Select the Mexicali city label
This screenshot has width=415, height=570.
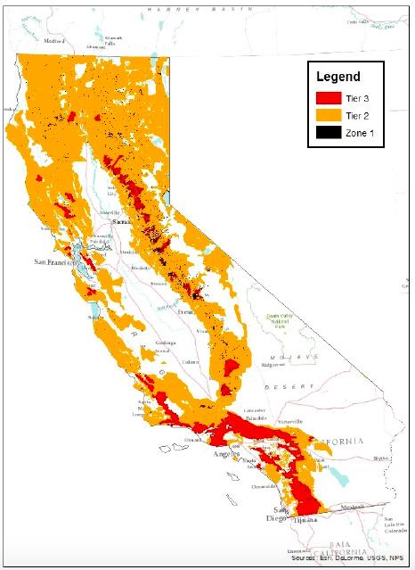tap(362, 506)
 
